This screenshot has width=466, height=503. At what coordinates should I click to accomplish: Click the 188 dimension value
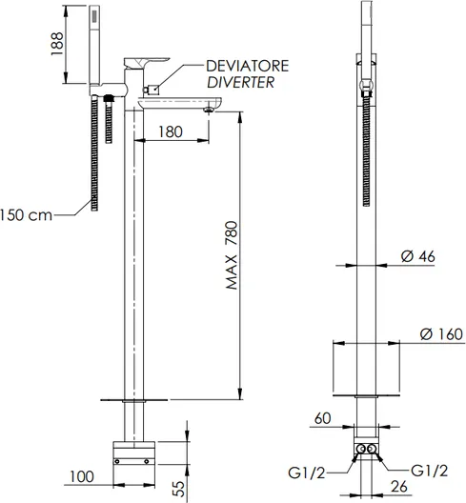click(x=57, y=44)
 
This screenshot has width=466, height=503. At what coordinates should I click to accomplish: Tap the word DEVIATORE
click(x=248, y=66)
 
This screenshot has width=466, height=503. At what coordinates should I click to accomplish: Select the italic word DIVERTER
click(x=241, y=83)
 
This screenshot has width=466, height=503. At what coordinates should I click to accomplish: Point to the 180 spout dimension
click(x=171, y=131)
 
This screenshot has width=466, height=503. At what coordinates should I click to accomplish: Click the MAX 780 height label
click(x=232, y=255)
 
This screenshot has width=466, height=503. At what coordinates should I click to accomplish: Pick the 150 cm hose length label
click(x=26, y=215)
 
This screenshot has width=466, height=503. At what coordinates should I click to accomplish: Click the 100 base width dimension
click(x=82, y=476)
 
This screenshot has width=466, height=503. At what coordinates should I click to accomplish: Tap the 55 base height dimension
click(x=180, y=489)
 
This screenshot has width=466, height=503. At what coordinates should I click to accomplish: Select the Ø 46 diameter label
click(x=418, y=256)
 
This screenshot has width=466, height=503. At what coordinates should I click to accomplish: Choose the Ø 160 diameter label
click(x=441, y=334)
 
